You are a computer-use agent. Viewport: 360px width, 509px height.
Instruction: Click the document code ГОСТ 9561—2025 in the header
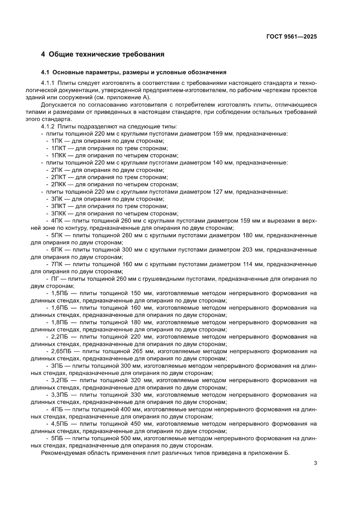click(291, 37)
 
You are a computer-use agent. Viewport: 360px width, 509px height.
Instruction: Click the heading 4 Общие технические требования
click(102, 54)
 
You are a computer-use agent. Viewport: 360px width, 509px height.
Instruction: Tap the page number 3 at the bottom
click(315, 463)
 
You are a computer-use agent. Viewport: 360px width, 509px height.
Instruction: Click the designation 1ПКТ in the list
click(59, 148)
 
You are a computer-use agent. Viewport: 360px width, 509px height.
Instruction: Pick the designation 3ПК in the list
click(57, 199)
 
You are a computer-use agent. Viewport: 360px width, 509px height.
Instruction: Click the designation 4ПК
click(57, 221)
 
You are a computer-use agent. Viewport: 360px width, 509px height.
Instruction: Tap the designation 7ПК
click(57, 264)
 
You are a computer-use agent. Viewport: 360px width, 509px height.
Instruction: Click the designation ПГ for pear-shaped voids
click(55, 279)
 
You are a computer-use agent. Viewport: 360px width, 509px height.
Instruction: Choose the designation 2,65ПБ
click(61, 351)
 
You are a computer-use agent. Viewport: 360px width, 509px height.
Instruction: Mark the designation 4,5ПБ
click(59, 424)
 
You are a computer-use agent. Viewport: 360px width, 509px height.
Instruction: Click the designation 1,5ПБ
click(59, 293)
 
